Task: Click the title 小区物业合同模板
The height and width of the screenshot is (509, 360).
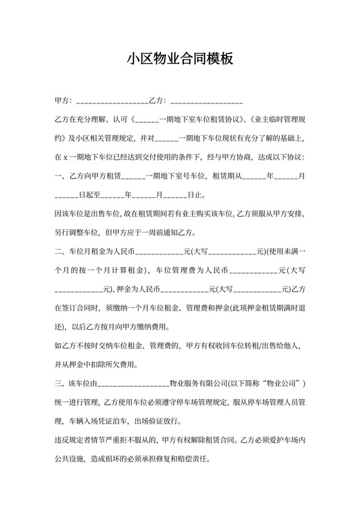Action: (179, 58)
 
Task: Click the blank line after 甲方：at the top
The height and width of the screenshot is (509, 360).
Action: (112, 101)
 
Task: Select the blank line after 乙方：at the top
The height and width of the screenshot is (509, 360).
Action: (206, 101)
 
